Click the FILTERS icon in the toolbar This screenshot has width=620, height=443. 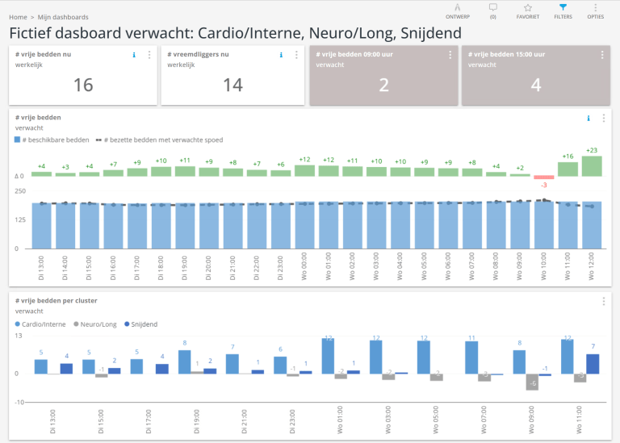(x=563, y=8)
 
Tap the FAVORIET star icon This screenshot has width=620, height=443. (x=527, y=8)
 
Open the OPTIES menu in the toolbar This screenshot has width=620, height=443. (x=596, y=8)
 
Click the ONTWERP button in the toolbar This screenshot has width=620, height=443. (x=458, y=8)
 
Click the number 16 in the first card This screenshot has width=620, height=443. (x=83, y=85)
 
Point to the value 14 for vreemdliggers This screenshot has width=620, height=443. (x=233, y=85)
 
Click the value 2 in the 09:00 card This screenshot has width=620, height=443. (x=384, y=85)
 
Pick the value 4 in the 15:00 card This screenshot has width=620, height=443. (x=536, y=85)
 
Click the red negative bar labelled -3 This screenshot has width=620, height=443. (x=544, y=178)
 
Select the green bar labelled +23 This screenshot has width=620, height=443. (x=592, y=166)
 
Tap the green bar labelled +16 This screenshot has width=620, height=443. (x=568, y=169)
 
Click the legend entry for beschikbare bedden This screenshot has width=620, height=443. (x=55, y=140)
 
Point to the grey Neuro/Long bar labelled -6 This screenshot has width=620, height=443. (x=532, y=382)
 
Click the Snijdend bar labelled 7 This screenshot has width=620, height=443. (x=593, y=364)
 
